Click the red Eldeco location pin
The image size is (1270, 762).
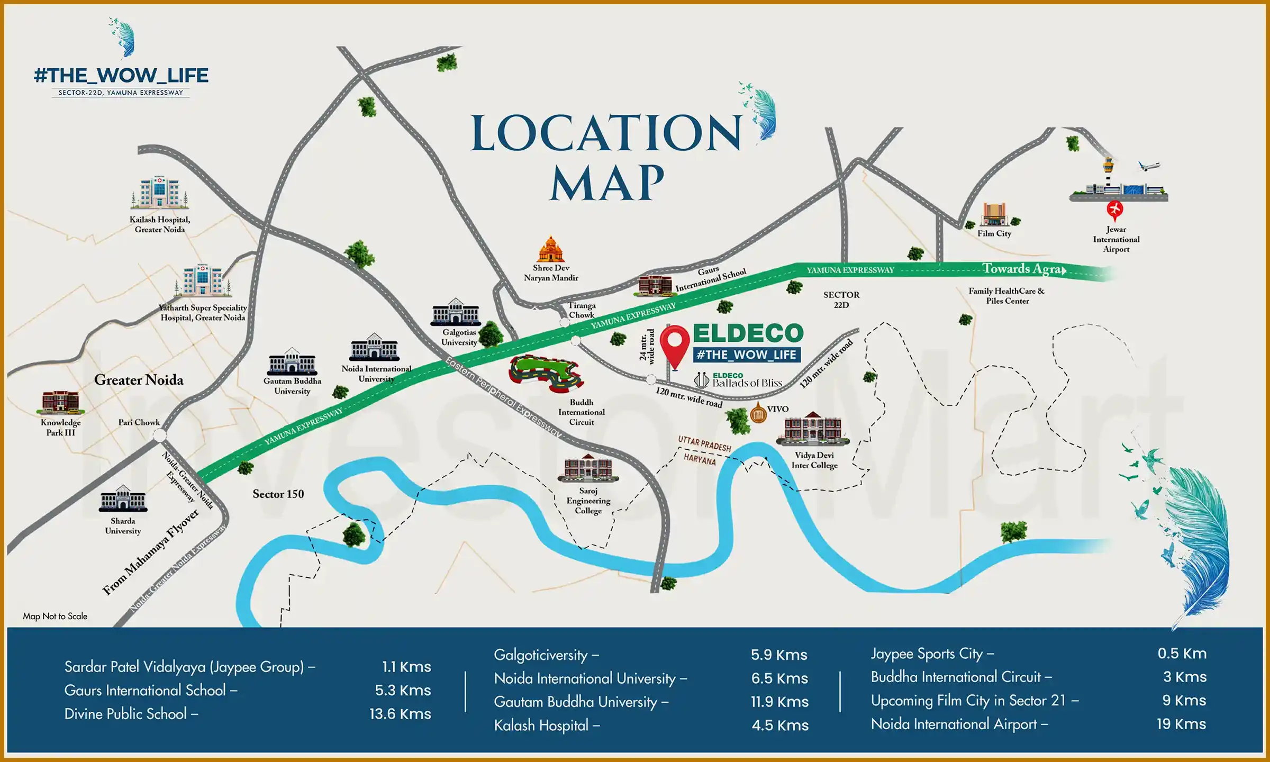click(x=675, y=344)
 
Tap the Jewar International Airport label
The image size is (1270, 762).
click(x=1116, y=239)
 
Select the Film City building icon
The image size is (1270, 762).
click(x=994, y=215)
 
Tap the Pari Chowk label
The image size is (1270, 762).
click(x=139, y=422)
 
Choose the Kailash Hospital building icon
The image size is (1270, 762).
click(x=159, y=193)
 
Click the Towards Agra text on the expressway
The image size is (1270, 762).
click(x=1023, y=269)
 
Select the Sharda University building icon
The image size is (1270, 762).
click(x=123, y=498)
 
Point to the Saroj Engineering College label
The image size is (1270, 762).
click(x=588, y=501)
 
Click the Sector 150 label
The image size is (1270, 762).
click(x=278, y=494)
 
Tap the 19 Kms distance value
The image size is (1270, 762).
click(x=1181, y=724)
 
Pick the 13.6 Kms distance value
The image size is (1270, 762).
click(x=400, y=714)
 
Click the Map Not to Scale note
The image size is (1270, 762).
click(x=55, y=616)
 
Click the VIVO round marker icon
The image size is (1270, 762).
click(x=758, y=413)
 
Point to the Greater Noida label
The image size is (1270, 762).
click(x=139, y=380)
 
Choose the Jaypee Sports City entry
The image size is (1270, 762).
click(x=932, y=654)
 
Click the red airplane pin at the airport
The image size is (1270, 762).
click(x=1115, y=210)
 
